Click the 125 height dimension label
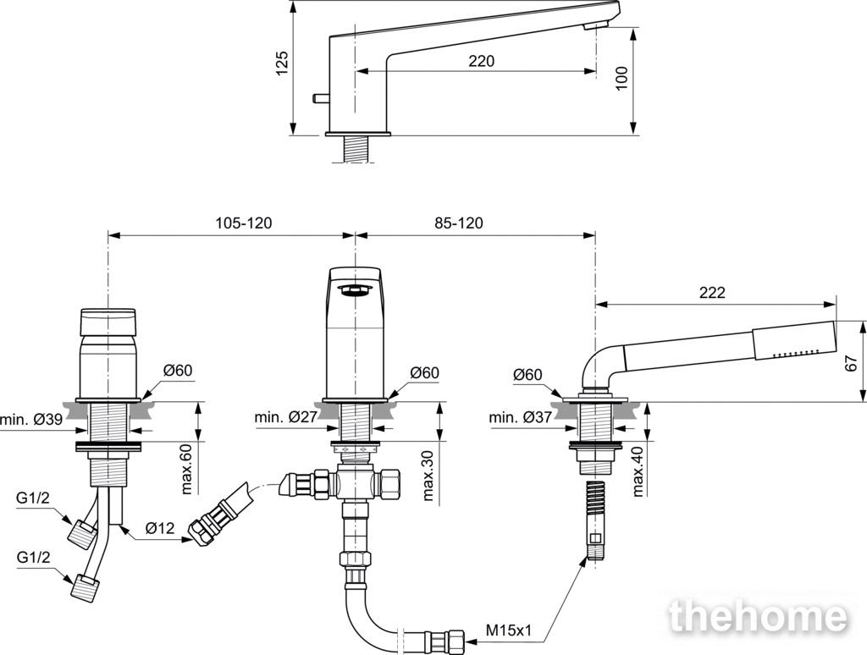(x=282, y=63)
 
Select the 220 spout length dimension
(x=482, y=61)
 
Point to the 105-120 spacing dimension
(x=244, y=223)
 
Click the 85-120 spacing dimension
(x=458, y=223)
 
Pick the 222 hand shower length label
(x=711, y=293)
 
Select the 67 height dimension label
(x=852, y=362)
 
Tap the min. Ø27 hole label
(x=286, y=417)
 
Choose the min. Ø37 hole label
(x=521, y=417)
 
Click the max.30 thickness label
(x=428, y=476)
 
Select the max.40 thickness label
(x=638, y=471)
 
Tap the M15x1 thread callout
(x=509, y=630)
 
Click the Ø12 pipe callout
(x=160, y=529)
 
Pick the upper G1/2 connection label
(x=33, y=498)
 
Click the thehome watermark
(x=759, y=616)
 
